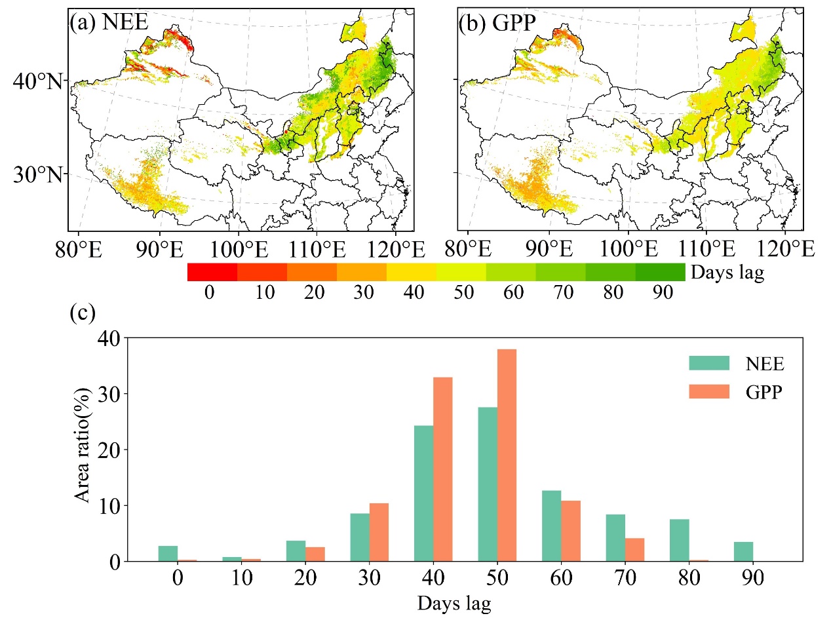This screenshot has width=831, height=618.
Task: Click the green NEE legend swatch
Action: [x=708, y=362]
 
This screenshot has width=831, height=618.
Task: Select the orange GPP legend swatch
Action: [x=708, y=391]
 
